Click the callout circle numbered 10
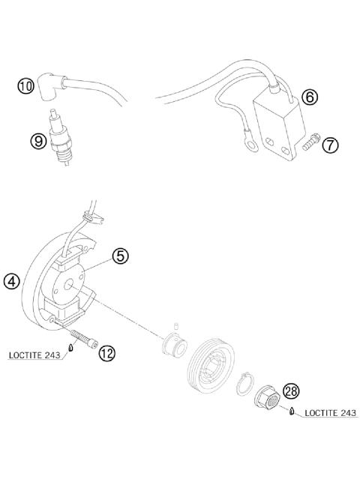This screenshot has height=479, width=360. click(x=26, y=86)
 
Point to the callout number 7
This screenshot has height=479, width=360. click(x=330, y=145)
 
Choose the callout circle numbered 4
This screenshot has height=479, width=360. click(x=10, y=282)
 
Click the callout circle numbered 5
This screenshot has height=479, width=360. click(x=121, y=256)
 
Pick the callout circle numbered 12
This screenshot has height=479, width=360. click(x=107, y=353)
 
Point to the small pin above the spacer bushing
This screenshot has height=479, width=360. click(x=173, y=325)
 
